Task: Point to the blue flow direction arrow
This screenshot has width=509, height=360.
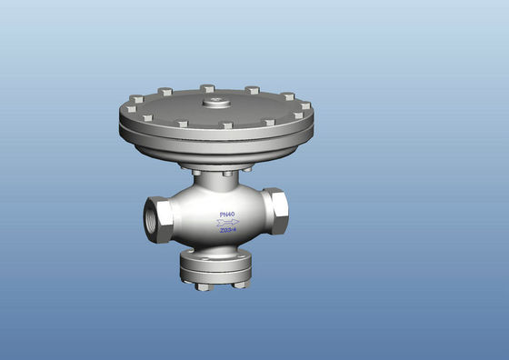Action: coord(229,222)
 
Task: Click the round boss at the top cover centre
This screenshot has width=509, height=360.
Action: coord(216,103)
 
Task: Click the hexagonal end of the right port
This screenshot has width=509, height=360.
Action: coord(277,213)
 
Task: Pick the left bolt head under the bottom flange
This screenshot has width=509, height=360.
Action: coord(203,286)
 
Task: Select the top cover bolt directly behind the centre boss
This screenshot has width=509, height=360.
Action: coord(207,88)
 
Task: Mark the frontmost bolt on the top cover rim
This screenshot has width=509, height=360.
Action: coord(227,125)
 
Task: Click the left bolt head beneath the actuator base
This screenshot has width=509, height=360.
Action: coord(195,169)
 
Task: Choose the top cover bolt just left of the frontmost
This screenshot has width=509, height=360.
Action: coord(182,123)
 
